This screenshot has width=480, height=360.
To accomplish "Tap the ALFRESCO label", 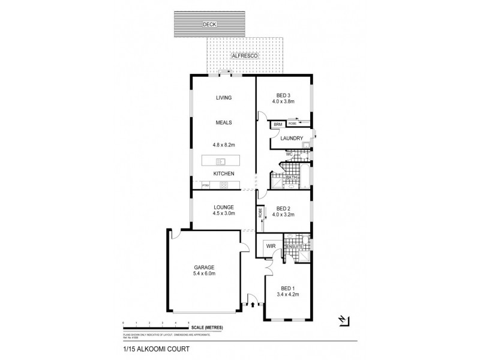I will pos(246,55).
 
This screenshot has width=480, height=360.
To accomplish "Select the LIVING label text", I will pos(223,98).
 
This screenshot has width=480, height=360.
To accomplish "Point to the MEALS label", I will pos(223,122).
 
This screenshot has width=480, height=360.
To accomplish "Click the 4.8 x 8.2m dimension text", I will pos(223,145).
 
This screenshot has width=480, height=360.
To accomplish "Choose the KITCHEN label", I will pos(223,174).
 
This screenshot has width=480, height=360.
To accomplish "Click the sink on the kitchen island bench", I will pos(220,161).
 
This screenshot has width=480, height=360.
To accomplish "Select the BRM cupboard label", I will pos(277,125).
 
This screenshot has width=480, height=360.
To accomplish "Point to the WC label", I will pos(288,154).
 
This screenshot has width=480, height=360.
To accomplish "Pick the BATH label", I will pos(291,178).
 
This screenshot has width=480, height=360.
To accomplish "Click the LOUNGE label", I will pos(223,207).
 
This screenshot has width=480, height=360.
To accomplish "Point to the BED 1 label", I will pos(284,289).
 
